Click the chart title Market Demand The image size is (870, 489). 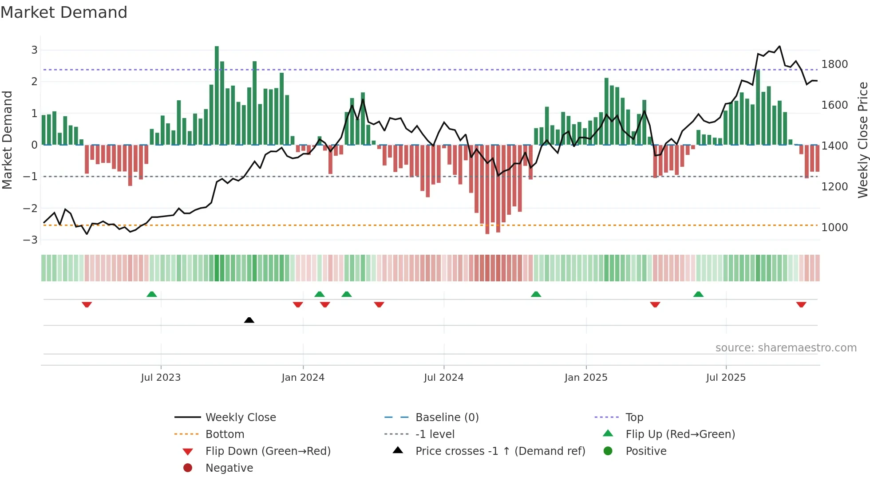(64, 12)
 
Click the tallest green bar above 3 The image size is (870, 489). (217, 95)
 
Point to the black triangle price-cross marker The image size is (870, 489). (249, 320)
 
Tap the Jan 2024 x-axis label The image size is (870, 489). (303, 378)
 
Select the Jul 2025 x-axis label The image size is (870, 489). (726, 378)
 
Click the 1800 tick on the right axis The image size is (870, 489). (834, 64)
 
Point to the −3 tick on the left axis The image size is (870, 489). (31, 240)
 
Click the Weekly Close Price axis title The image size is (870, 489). (862, 140)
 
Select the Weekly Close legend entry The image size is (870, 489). (240, 418)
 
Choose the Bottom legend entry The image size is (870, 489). (225, 434)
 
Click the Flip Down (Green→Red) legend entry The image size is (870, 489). (268, 451)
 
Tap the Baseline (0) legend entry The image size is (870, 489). (447, 418)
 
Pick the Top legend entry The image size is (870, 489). (634, 418)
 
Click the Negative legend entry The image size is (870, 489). (229, 468)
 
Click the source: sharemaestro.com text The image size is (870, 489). (786, 348)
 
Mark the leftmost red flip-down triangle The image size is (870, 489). (87, 304)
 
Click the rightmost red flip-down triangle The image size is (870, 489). (801, 304)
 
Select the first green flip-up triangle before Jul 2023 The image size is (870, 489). (152, 294)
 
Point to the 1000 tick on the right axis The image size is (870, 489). (834, 228)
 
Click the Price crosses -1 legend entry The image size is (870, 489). (500, 451)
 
